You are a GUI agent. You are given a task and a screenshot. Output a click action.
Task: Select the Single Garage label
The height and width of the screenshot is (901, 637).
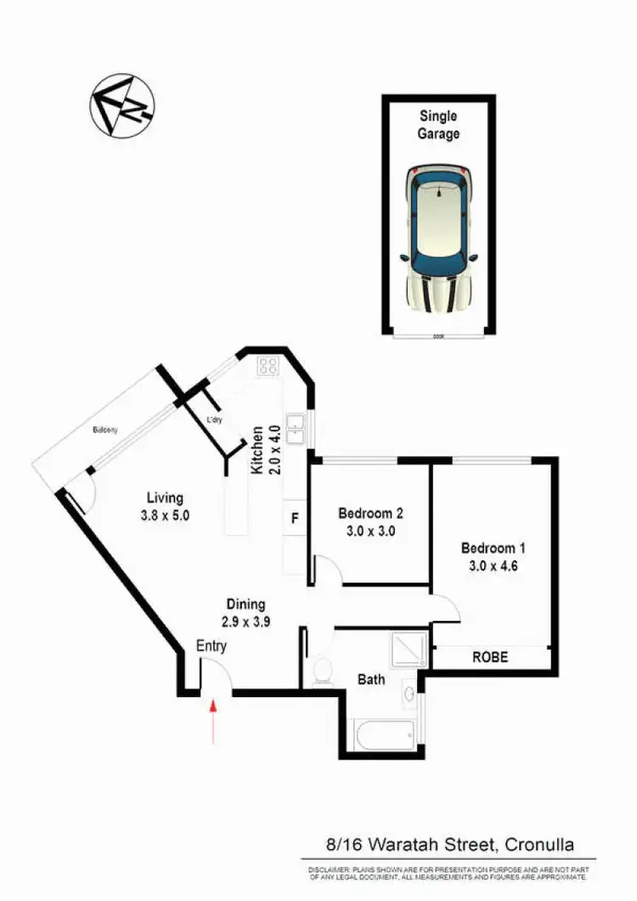coord(438,125)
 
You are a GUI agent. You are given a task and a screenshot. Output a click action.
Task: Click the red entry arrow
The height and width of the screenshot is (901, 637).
coord(212,718)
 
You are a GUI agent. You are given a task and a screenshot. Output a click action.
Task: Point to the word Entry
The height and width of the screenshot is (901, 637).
coord(211,646)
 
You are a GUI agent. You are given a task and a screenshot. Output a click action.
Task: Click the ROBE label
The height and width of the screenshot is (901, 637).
coord(490,656)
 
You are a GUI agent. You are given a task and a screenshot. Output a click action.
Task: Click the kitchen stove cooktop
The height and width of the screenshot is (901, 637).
coord(268,366)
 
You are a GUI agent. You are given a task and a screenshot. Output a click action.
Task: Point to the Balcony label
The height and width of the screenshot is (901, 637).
coord(105,430)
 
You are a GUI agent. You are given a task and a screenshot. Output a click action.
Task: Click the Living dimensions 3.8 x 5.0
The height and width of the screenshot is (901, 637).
coord(165,514)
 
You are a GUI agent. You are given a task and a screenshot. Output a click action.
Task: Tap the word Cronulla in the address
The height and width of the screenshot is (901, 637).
coord(538,844)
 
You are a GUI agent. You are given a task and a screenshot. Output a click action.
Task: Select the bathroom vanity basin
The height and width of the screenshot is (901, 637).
coord(410,694)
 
